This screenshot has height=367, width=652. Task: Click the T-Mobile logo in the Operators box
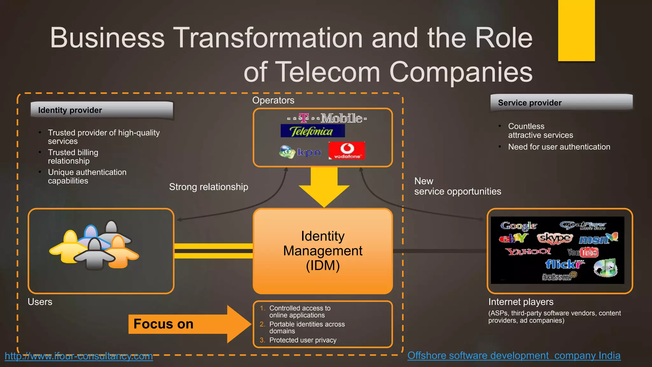point(327,118)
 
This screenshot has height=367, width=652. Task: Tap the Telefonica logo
point(312,131)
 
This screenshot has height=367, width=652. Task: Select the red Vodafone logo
point(347,150)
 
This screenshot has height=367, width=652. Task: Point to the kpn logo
point(300,152)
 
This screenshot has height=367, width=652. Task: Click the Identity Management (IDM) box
point(322,251)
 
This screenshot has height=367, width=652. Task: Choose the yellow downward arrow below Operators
point(324,188)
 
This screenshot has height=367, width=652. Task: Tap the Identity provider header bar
point(102,110)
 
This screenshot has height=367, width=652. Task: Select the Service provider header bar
point(561,103)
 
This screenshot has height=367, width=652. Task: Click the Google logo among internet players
point(519,226)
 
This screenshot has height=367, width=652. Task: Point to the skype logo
point(555,238)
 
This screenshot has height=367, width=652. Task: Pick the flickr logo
point(564,264)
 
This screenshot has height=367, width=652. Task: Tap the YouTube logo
point(583,252)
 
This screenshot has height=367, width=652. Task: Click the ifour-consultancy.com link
point(79,356)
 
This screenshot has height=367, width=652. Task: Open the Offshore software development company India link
point(514,355)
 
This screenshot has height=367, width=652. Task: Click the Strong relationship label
point(209,187)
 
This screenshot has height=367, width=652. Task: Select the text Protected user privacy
point(302,340)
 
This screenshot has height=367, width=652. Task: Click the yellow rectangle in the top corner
point(576,30)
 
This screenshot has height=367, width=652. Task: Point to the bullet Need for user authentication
point(559,147)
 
